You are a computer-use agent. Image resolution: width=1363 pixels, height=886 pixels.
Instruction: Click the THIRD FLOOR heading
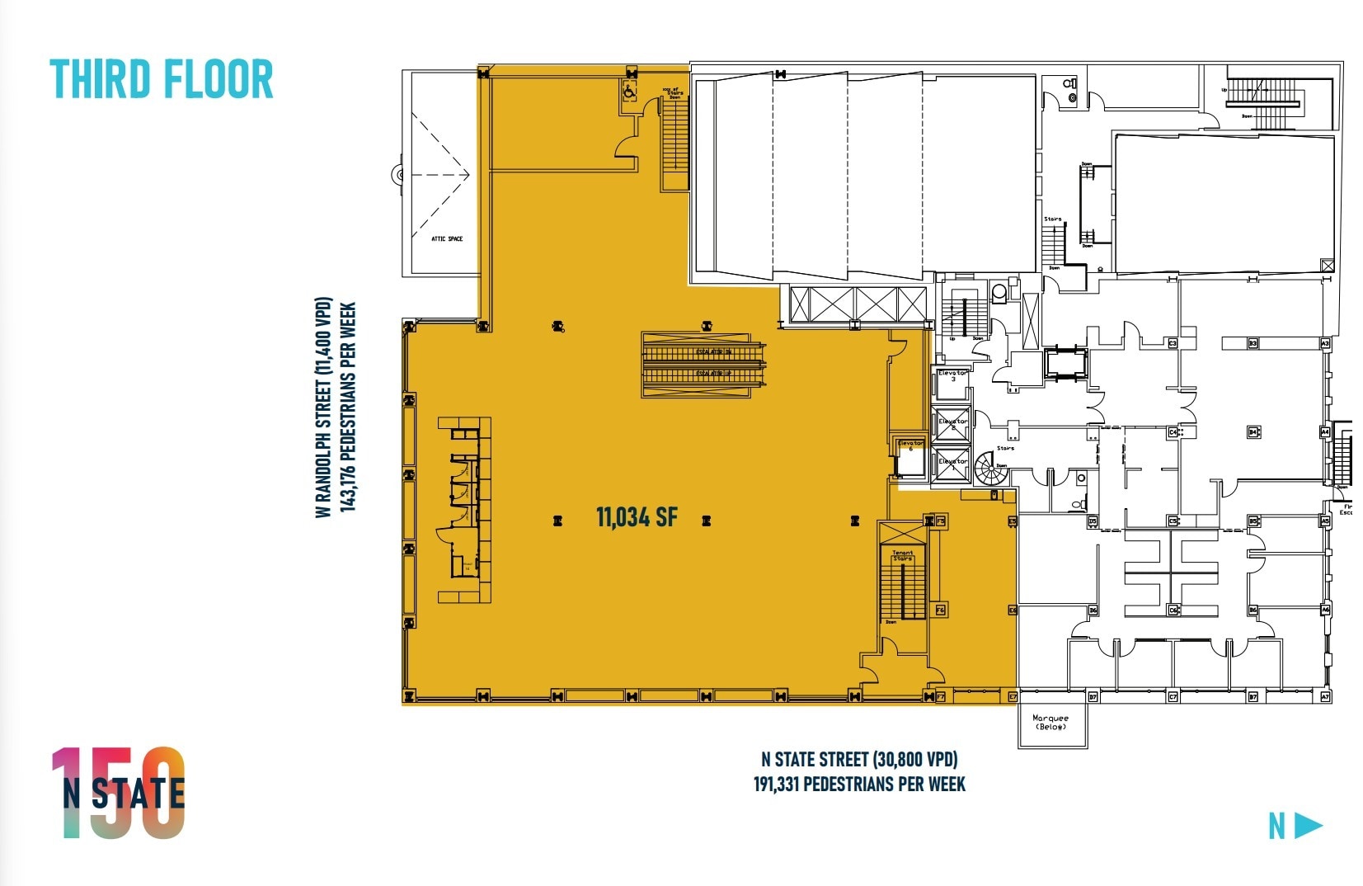tap(162, 79)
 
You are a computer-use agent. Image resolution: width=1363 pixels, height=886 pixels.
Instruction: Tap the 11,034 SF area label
tap(636, 517)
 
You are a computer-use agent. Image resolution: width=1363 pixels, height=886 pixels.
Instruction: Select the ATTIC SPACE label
tap(447, 239)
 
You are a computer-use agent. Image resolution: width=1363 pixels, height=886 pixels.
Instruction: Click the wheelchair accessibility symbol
tap(628, 92)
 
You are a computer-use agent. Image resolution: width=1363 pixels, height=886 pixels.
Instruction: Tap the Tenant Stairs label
tap(903, 556)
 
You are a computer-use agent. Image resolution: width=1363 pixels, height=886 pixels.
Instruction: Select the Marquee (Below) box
tap(1051, 723)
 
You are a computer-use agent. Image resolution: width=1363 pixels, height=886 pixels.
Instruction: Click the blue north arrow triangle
tap(1309, 825)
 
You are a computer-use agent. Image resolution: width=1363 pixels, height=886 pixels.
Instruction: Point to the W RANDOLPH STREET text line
tap(323, 408)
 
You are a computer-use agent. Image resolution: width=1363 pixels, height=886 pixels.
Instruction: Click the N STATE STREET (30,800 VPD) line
tap(859, 759)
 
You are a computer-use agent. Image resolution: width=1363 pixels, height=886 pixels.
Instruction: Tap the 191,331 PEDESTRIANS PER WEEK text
tap(859, 784)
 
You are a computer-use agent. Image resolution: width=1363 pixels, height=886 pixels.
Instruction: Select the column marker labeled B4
tap(1253, 431)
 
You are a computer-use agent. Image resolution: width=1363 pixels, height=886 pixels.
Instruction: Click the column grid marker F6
tap(940, 610)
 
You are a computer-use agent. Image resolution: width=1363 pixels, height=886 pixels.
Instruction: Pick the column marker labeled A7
tap(1326, 697)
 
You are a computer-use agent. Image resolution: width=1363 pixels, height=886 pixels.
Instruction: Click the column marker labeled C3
tap(1173, 343)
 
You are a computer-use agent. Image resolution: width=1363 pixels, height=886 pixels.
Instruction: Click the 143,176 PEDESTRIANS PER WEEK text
tap(348, 408)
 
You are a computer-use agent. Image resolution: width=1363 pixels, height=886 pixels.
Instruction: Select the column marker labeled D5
tap(1093, 521)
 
